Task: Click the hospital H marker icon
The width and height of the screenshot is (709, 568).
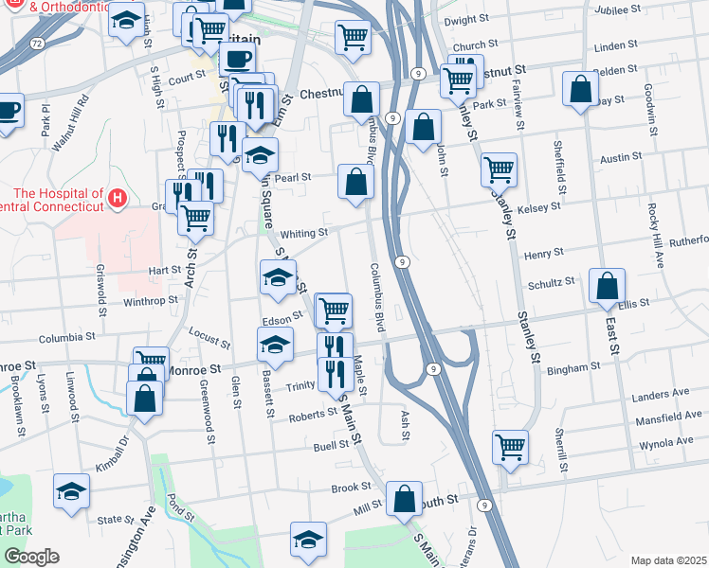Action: [118, 198]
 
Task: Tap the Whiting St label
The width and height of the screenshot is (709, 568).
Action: [303, 232]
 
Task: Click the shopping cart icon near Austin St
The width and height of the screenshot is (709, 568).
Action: [499, 169]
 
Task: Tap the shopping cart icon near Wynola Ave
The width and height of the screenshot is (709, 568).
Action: [510, 445]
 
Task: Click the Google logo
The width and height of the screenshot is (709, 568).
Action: [31, 557]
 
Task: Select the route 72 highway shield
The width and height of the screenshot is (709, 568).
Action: [36, 44]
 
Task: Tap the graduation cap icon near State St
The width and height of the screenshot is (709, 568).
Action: [71, 490]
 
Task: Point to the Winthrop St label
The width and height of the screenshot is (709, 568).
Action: [151, 301]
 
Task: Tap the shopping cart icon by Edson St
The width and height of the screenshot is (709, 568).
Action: [333, 309]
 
